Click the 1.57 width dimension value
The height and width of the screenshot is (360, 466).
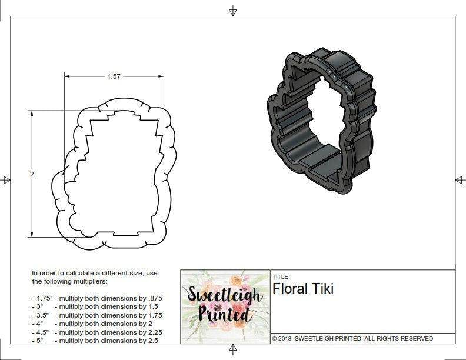tap(114, 76)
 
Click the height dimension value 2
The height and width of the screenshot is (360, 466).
tap(32, 174)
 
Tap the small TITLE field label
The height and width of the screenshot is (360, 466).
tap(279, 276)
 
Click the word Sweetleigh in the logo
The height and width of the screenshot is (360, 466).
tap(225, 294)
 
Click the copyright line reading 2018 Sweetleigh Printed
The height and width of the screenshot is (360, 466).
tap(352, 338)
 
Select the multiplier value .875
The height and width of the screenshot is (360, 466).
tap(152, 298)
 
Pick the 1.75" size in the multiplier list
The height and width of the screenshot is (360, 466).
tap(44, 298)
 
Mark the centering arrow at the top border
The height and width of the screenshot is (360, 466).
tap(233, 11)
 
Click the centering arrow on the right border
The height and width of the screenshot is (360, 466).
tap(460, 179)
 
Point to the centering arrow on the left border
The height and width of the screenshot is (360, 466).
tap(6, 180)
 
